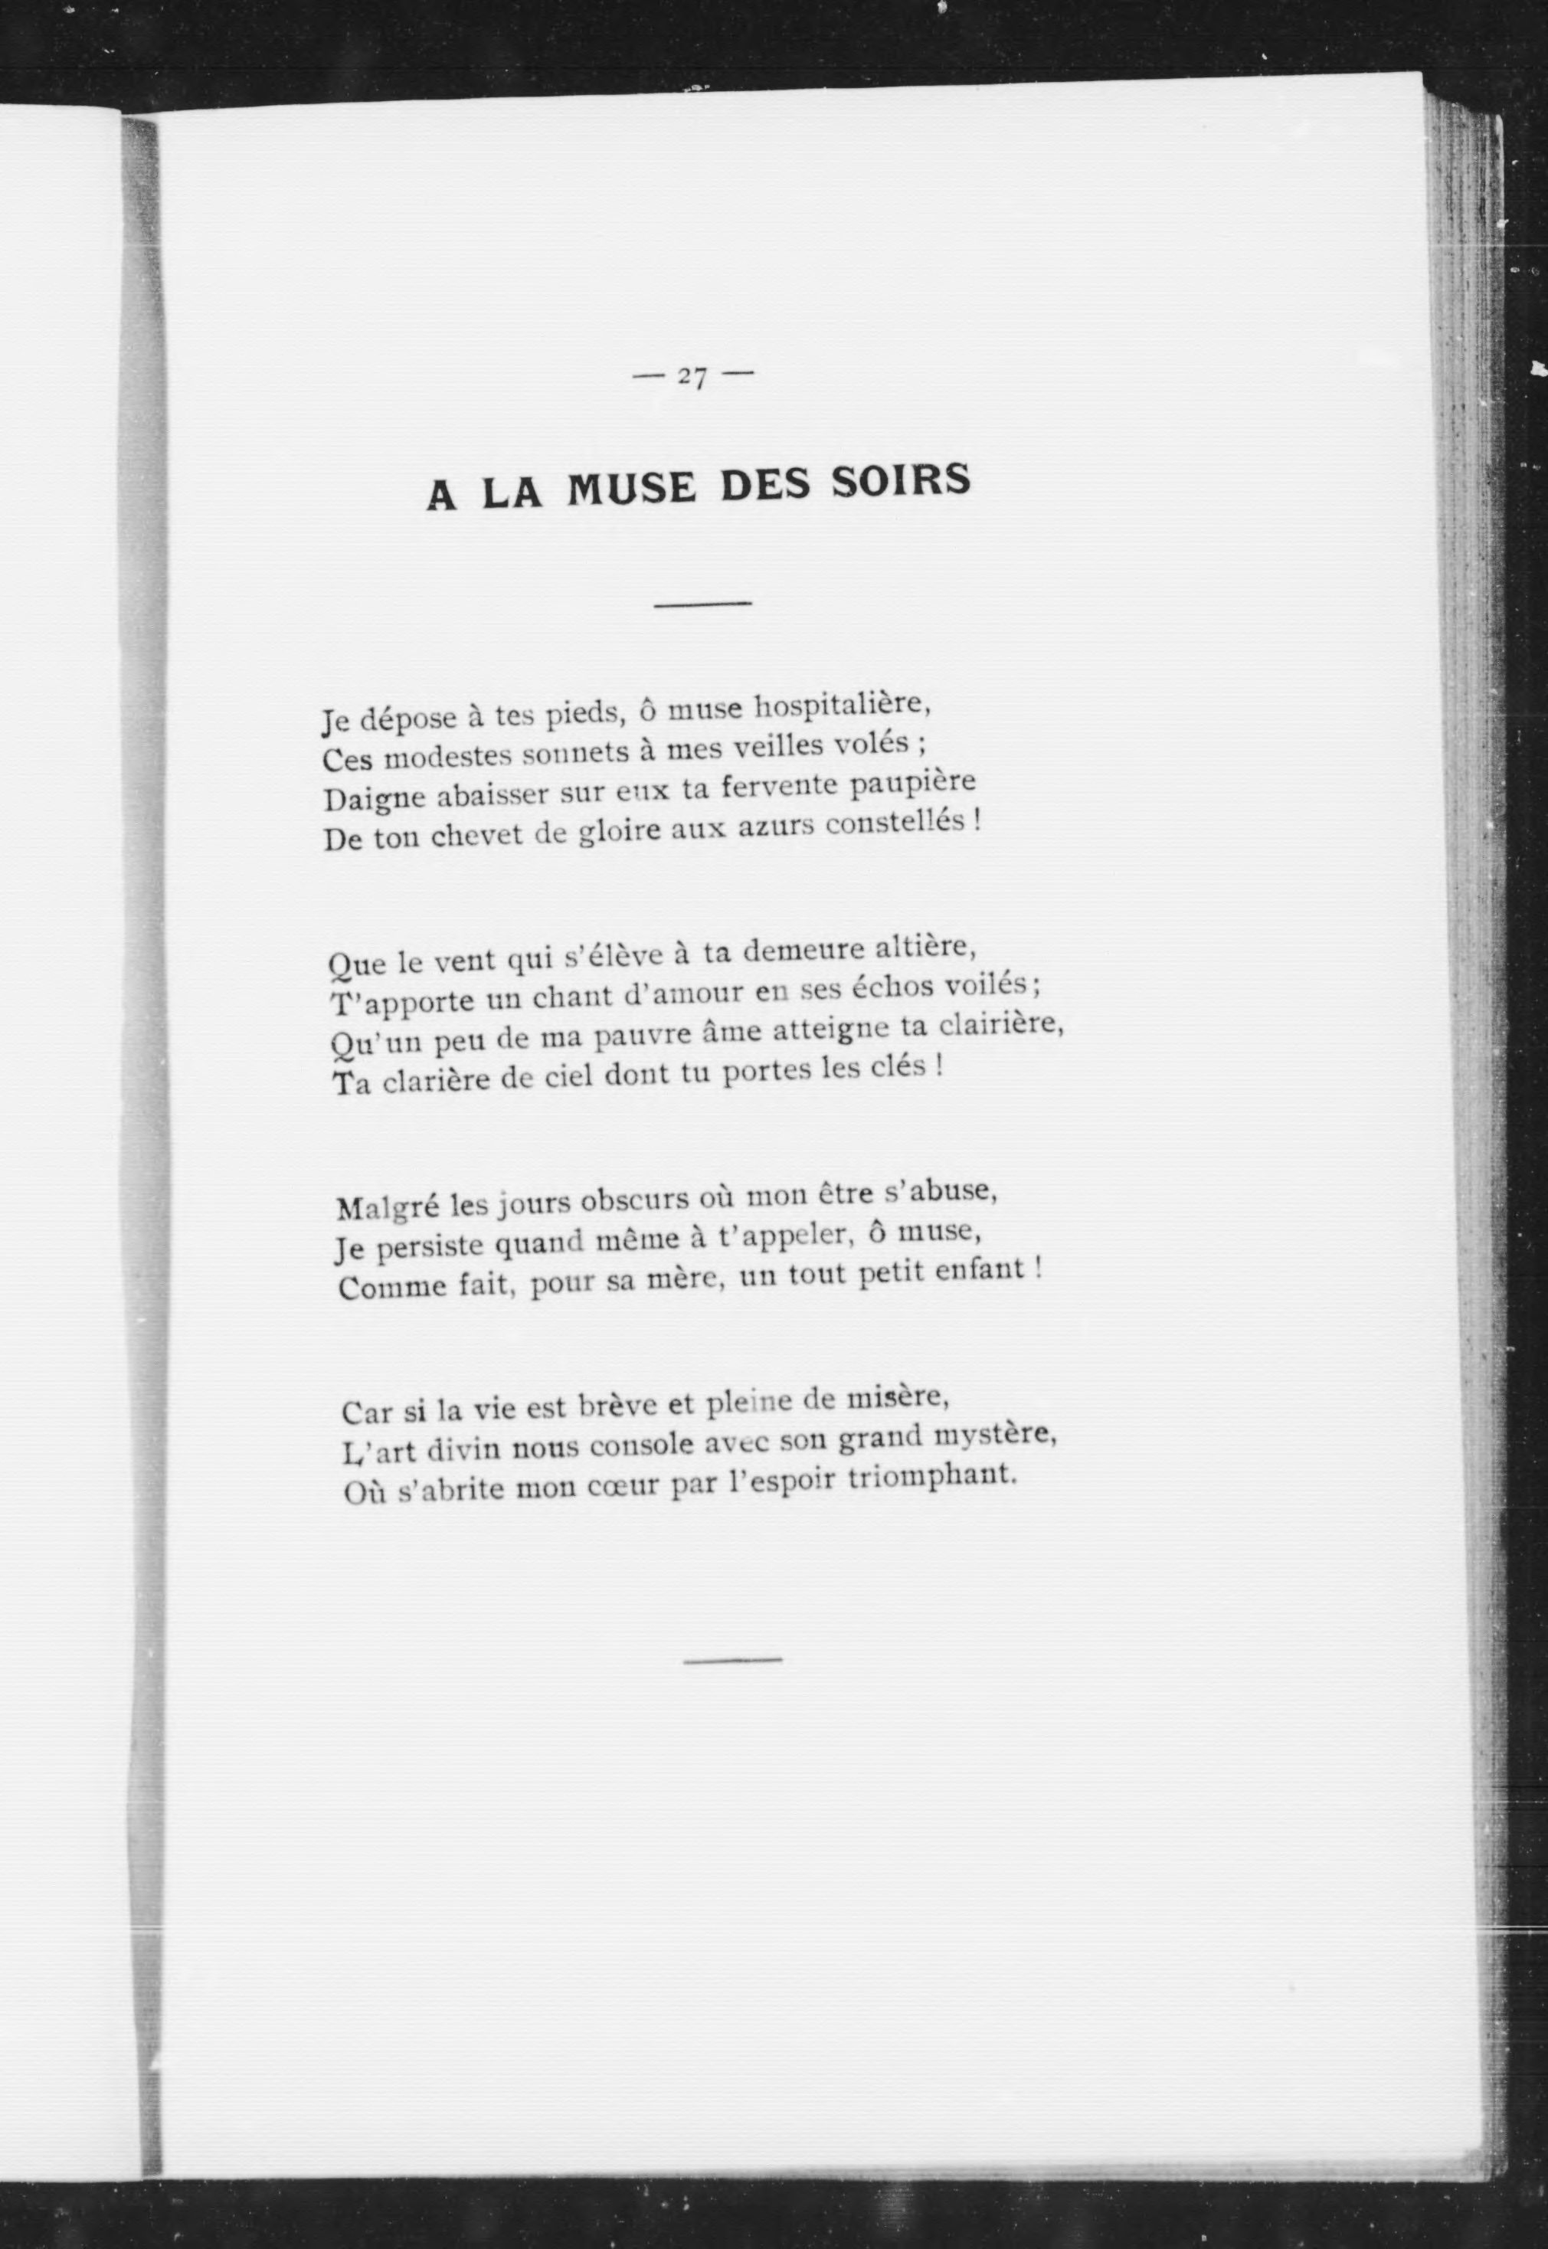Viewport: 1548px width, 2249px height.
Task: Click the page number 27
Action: [x=692, y=376]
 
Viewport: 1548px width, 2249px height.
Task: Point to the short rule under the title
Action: [x=703, y=605]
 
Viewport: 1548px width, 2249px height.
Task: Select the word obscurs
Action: [x=634, y=1202]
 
